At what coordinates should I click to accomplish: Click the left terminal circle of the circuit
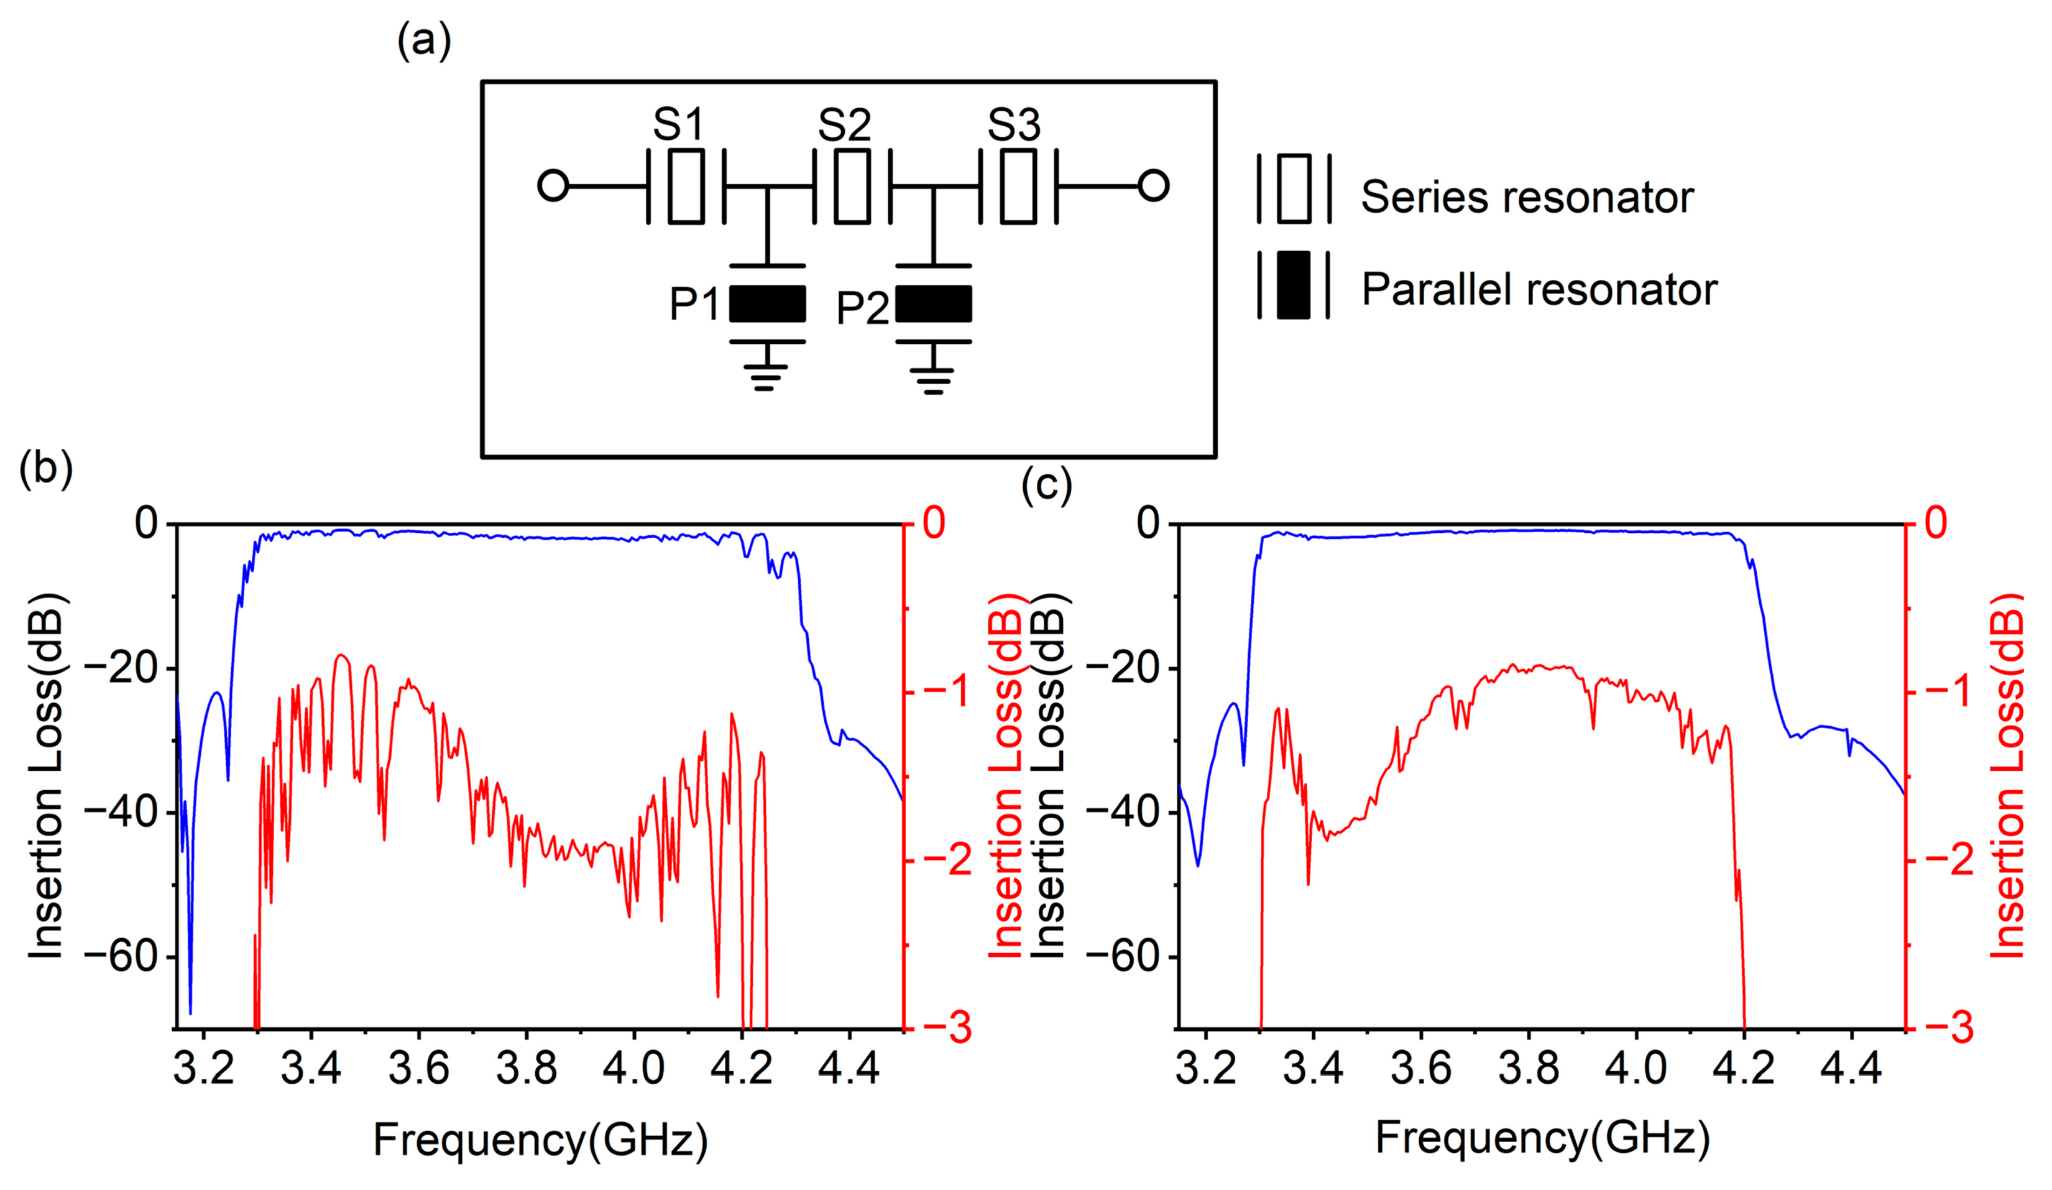click(553, 186)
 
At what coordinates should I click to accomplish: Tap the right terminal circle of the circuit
click(1153, 186)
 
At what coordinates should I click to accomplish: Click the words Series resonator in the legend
click(1527, 198)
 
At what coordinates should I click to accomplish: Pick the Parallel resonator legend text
click(1539, 290)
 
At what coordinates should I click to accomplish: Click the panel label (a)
click(423, 41)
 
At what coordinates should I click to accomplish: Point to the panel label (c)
click(1046, 486)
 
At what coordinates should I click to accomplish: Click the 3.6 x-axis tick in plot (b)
click(418, 1068)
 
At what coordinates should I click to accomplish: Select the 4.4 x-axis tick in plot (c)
click(1851, 1068)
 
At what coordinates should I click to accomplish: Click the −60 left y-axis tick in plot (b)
click(121, 957)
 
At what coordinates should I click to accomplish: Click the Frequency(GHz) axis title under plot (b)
click(540, 1140)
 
